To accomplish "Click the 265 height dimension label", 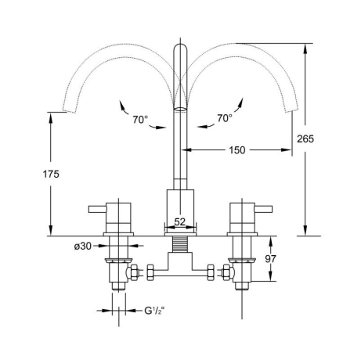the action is tap(305, 139).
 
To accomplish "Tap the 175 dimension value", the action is tap(51, 175).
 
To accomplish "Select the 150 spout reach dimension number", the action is tap(237, 150).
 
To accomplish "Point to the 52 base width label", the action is tap(180, 222).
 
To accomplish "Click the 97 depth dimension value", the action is tap(270, 259).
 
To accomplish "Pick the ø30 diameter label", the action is tap(83, 246).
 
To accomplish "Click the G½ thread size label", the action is tap(156, 311).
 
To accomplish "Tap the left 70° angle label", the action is tap(140, 120).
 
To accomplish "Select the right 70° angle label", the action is tap(224, 118).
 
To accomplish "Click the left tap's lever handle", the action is tap(98, 209).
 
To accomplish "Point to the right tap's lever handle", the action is tap(264, 209).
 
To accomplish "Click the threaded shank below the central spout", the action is tap(180, 244).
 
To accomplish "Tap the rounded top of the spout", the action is tap(180, 48).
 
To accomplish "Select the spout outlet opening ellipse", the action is tap(180, 109).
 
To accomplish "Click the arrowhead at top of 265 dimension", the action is tap(305, 49).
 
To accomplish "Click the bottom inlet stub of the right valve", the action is tap(242, 286).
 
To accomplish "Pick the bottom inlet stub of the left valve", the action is tap(119, 286).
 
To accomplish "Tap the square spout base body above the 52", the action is tap(180, 203).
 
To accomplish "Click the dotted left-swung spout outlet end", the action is tap(70, 110).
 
